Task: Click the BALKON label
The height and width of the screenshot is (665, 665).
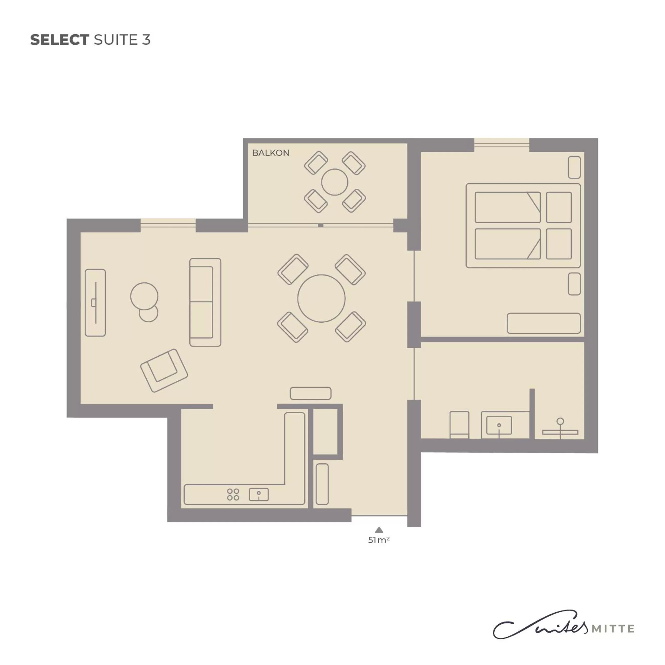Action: [x=270, y=153]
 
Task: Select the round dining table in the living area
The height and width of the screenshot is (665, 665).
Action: [x=321, y=298]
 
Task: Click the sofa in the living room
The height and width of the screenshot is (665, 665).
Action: [x=205, y=302]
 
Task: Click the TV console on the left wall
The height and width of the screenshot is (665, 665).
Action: [x=95, y=302]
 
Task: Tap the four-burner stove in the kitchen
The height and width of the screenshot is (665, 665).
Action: [x=233, y=495]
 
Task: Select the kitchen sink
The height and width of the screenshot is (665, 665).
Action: [x=258, y=495]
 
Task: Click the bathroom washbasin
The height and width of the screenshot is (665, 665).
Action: [x=499, y=425]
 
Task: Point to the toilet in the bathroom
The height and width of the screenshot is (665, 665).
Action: [x=459, y=424]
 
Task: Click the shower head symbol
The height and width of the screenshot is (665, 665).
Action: [x=560, y=421]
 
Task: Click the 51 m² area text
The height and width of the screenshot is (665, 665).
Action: [x=379, y=540]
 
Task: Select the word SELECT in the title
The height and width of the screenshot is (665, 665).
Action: [x=60, y=40]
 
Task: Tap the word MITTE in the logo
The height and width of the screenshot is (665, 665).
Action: [x=613, y=629]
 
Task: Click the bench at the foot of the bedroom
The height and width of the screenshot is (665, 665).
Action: [x=543, y=323]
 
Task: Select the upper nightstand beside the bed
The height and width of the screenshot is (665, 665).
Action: [x=574, y=167]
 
